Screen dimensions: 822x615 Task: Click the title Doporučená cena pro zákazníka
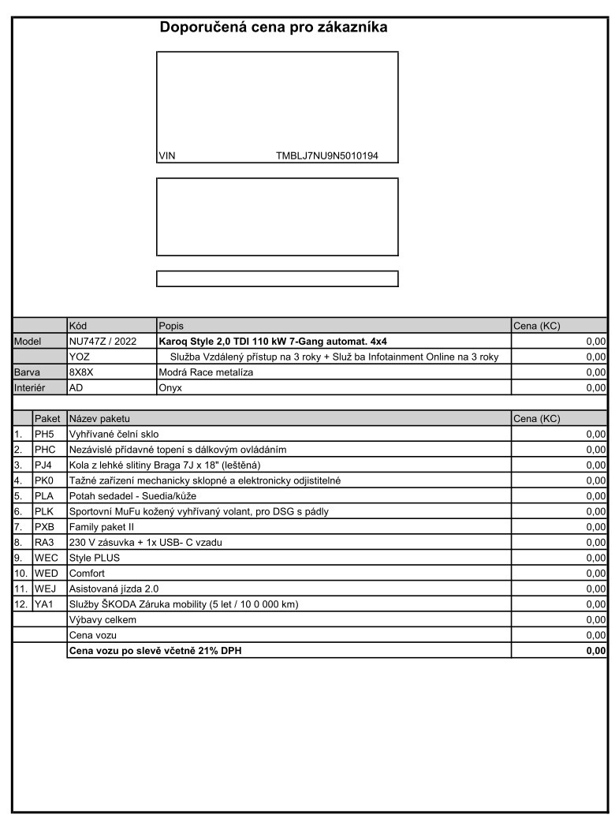tap(274, 28)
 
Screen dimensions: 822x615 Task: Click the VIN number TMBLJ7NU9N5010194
tap(326, 155)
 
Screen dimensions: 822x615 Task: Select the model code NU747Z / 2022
tap(102, 342)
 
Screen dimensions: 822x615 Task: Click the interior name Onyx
tap(170, 388)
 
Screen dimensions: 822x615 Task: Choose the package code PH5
tap(43, 434)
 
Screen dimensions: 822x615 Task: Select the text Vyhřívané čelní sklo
tap(114, 434)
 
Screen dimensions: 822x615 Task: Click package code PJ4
tap(43, 465)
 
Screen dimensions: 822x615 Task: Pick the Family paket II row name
tap(102, 526)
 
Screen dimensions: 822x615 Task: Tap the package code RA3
tap(43, 542)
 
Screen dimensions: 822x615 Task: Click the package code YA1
tap(43, 603)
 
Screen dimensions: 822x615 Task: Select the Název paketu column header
tap(100, 418)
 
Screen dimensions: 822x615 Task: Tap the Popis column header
tap(171, 326)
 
